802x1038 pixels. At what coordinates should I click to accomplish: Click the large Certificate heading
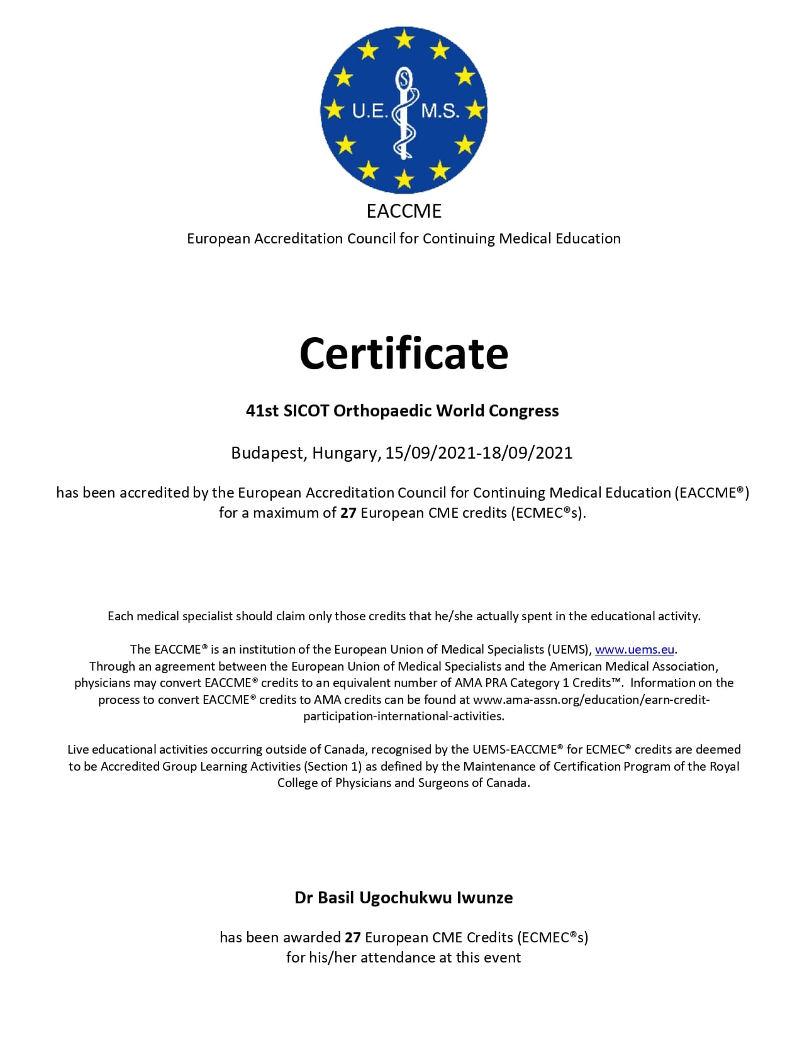point(403,354)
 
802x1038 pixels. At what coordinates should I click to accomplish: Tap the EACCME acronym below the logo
point(404,211)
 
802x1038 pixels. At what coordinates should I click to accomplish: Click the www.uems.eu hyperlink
point(634,649)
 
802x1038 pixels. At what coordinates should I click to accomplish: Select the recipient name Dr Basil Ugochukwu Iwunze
point(403,897)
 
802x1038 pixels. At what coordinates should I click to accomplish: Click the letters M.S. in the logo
point(440,111)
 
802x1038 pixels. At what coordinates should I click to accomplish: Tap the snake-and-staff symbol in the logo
point(404,113)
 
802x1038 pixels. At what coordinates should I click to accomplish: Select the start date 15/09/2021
point(430,453)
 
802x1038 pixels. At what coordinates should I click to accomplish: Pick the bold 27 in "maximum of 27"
point(348,513)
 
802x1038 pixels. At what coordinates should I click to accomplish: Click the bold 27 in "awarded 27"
point(352,937)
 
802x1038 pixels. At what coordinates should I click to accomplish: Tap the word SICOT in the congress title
point(306,411)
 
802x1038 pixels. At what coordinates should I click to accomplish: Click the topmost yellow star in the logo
point(404,40)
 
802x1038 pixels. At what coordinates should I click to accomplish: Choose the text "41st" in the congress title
point(262,411)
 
